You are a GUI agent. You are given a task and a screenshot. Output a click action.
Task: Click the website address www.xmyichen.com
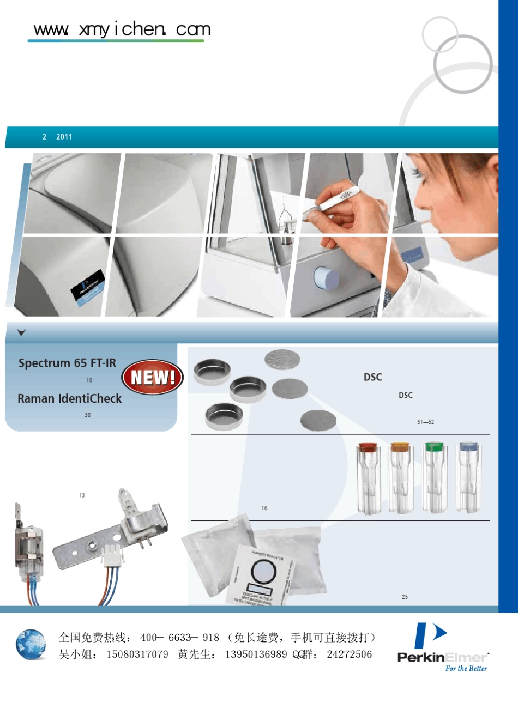pyautogui.click(x=122, y=29)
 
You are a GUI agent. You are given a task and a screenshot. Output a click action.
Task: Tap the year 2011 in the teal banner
pyautogui.click(x=64, y=137)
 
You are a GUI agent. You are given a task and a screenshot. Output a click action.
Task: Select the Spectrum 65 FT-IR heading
pyautogui.click(x=67, y=363)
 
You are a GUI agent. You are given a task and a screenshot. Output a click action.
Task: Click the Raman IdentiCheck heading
pyautogui.click(x=69, y=398)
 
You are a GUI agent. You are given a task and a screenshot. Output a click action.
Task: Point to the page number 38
pyautogui.click(x=88, y=415)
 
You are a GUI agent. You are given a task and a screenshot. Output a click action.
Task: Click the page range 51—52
pyautogui.click(x=425, y=422)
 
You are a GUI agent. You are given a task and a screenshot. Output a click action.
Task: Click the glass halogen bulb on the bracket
pyautogui.click(x=124, y=500)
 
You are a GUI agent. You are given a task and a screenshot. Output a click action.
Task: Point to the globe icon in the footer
pyautogui.click(x=31, y=645)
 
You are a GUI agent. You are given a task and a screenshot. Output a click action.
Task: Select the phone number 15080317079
pyautogui.click(x=137, y=654)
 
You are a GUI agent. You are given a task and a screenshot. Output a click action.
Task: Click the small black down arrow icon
pyautogui.click(x=22, y=332)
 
